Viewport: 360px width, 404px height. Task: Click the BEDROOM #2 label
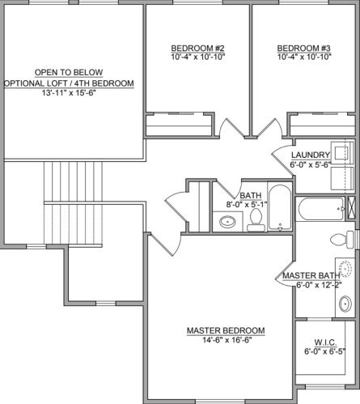197,49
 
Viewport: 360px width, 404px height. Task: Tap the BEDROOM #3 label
303,49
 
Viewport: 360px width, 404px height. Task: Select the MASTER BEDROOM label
226,330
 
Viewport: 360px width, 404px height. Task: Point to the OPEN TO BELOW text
69,72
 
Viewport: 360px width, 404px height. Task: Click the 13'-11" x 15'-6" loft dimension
69,92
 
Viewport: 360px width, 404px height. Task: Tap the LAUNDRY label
311,155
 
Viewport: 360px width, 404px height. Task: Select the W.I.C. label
325,342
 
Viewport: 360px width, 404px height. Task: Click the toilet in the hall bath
256,220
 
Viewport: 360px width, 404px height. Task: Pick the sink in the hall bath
227,222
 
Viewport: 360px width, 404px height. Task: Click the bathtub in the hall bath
280,207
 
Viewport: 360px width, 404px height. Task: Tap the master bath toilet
342,240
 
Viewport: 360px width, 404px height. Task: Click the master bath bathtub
320,209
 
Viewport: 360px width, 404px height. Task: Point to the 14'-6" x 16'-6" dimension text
227,340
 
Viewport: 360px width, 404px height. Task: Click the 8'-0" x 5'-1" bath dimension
247,204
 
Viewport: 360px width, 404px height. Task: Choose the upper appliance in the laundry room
342,153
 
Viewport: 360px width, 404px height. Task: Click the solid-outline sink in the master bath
345,304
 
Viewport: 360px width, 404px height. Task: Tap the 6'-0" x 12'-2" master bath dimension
319,285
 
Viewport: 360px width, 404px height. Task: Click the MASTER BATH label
311,275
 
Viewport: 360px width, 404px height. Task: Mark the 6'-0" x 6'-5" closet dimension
325,351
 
